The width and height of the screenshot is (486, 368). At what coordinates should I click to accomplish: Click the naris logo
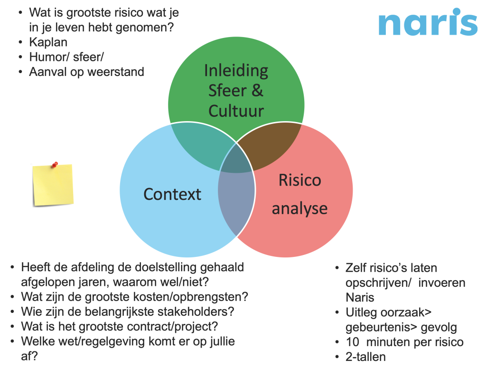click(428, 22)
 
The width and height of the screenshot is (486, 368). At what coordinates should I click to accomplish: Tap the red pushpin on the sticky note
click(55, 164)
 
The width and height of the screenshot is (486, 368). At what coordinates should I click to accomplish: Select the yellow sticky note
click(53, 185)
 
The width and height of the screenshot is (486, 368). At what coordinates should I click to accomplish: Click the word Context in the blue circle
click(172, 194)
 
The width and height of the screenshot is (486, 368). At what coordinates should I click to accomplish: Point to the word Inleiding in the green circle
click(236, 71)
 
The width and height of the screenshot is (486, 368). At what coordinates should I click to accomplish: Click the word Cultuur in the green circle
click(236, 111)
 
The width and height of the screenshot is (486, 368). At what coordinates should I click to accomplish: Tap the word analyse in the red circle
click(299, 208)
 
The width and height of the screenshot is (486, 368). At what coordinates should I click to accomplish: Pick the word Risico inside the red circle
click(300, 180)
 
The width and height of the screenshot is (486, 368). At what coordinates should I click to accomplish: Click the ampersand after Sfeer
click(257, 91)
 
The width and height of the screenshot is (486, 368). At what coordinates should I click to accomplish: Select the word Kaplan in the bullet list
click(48, 42)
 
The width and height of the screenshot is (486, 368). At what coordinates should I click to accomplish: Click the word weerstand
click(116, 72)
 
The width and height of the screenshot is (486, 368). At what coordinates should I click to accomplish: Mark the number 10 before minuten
click(353, 342)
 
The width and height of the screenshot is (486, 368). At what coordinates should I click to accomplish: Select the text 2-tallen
click(365, 357)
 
